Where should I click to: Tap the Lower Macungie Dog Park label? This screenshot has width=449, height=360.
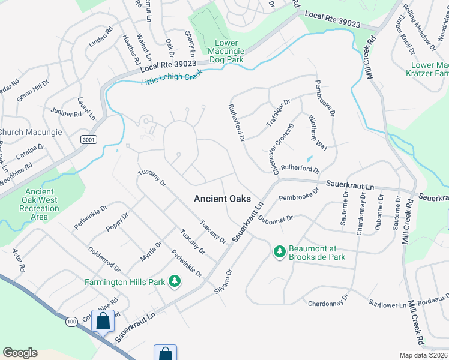click(x=226, y=51)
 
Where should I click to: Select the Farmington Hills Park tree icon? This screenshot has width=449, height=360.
click(x=175, y=281)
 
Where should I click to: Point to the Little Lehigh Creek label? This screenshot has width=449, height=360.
click(x=172, y=77)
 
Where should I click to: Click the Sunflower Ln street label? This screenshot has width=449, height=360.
click(x=387, y=305)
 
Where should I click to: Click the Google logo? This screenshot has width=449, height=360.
click(x=20, y=353)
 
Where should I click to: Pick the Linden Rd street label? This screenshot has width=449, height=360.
click(x=100, y=37)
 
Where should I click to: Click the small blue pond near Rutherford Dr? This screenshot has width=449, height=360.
click(x=309, y=159)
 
